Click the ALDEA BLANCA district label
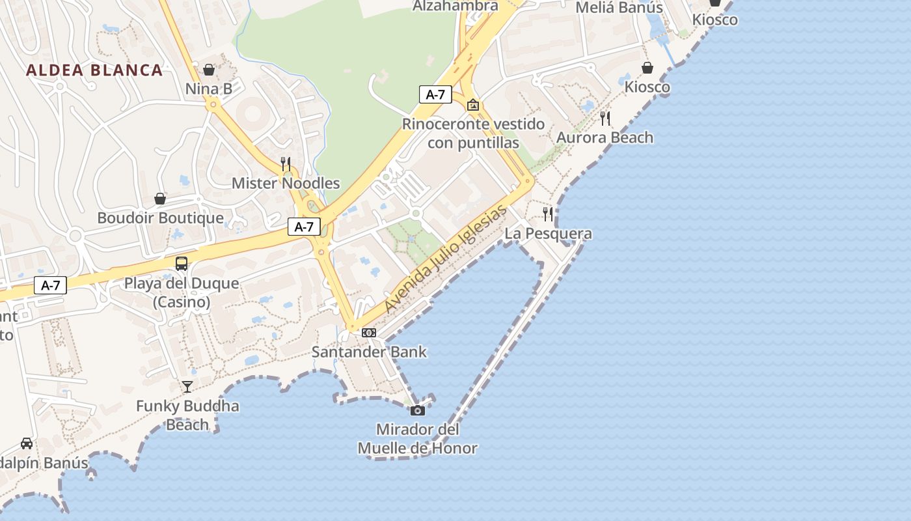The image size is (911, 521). [x=94, y=70]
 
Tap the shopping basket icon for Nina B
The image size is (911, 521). [x=209, y=69]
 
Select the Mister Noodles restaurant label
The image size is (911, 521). [x=286, y=183]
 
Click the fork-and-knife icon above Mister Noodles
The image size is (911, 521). [x=286, y=163]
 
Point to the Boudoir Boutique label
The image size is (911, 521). [x=160, y=218]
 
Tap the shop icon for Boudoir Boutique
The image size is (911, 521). [x=160, y=198]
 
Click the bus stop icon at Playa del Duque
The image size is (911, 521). [x=182, y=264]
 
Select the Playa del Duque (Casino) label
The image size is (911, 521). [x=182, y=292]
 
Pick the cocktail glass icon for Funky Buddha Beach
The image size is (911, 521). [x=187, y=386]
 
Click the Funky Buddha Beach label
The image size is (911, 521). [x=187, y=415]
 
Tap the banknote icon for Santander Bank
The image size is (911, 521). [x=369, y=333]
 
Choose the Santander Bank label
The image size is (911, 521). [x=369, y=352]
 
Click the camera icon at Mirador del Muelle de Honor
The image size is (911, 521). [x=418, y=410]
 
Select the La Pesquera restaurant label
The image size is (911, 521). [x=549, y=233]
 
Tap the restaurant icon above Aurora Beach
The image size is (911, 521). [x=605, y=118]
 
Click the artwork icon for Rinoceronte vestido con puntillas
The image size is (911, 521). [x=473, y=104]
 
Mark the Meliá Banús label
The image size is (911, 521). [x=619, y=8]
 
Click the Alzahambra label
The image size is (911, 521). [x=455, y=6]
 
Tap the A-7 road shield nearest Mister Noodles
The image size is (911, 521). [x=304, y=227]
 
